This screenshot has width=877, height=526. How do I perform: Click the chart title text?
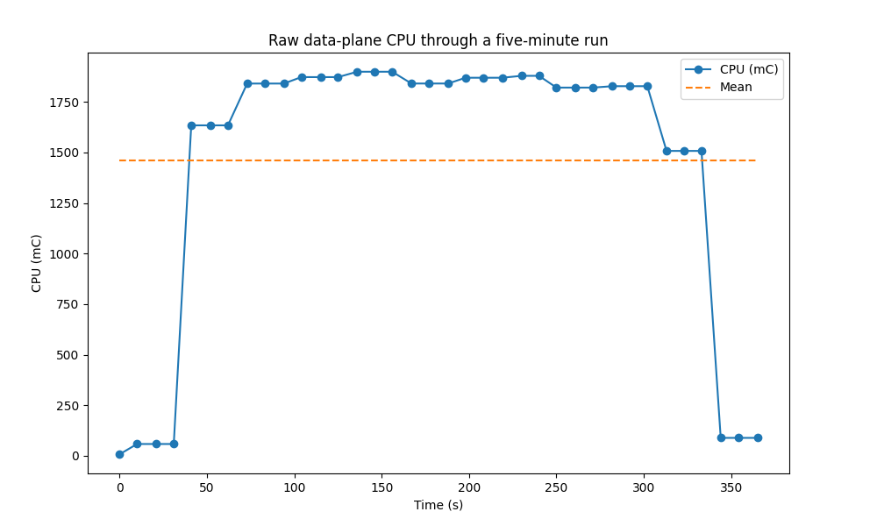click(438, 40)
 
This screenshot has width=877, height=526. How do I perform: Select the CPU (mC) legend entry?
click(748, 70)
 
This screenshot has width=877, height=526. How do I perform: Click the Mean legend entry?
click(736, 88)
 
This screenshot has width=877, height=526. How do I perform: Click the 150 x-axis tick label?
click(381, 487)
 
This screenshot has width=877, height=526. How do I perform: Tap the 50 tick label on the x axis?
click(207, 487)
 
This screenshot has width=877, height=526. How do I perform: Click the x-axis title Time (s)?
click(438, 505)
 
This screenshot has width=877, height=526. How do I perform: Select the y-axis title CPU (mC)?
click(37, 263)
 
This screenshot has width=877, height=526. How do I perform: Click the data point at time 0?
click(119, 454)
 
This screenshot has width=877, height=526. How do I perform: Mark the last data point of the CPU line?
click(758, 437)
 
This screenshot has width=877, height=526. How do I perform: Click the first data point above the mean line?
click(191, 125)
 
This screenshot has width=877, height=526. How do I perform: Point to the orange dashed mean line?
click(438, 160)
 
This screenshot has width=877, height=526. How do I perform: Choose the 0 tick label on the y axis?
click(75, 456)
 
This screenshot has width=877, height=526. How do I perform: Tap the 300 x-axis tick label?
click(644, 487)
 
